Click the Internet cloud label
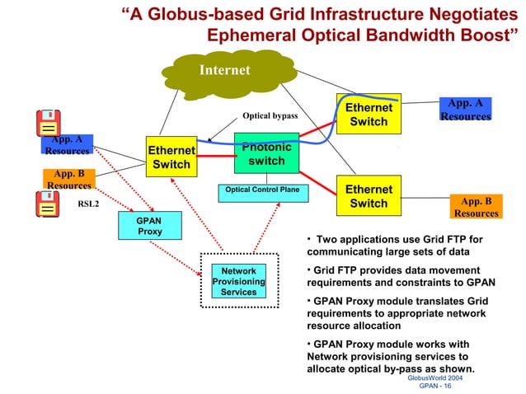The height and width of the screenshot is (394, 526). click(224, 70)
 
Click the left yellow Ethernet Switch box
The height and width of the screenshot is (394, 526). click(171, 157)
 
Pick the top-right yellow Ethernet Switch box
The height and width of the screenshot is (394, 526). click(369, 115)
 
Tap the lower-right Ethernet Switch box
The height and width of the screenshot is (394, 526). click(369, 196)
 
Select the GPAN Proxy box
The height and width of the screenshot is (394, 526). click(150, 226)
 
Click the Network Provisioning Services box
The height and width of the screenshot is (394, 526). click(238, 281)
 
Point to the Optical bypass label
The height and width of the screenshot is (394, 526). click(270, 117)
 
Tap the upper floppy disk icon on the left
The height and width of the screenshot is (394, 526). click(49, 124)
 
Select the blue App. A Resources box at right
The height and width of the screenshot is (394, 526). click(465, 110)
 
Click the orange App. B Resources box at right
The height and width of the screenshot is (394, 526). click(476, 207)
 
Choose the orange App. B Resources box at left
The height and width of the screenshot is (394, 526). click(69, 180)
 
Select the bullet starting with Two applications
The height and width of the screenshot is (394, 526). click(395, 246)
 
